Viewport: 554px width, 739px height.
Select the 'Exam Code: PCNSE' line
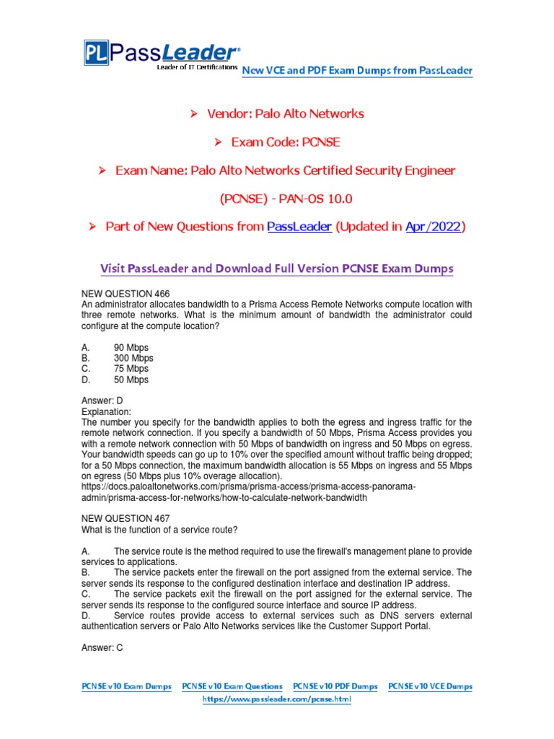pyautogui.click(x=284, y=141)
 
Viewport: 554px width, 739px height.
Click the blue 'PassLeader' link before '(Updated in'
pyautogui.click(x=299, y=227)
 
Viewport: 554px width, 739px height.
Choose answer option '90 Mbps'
pyautogui.click(x=131, y=348)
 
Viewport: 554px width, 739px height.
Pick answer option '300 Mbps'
pyautogui.click(x=133, y=358)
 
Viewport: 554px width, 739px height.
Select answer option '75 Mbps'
pyautogui.click(x=131, y=369)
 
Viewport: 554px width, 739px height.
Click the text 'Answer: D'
pyautogui.click(x=103, y=401)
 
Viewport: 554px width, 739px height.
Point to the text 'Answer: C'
pyautogui.click(x=103, y=647)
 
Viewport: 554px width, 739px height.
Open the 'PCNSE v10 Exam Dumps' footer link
pyautogui.click(x=126, y=686)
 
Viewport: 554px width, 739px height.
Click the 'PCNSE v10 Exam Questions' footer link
pyautogui.click(x=232, y=686)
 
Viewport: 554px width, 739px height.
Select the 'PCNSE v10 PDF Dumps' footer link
pyautogui.click(x=335, y=686)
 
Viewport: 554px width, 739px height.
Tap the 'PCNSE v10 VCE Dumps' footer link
pyautogui.click(x=430, y=686)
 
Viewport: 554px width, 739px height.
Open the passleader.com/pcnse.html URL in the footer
pyautogui.click(x=277, y=699)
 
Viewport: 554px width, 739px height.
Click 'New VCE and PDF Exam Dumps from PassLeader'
pyautogui.click(x=357, y=70)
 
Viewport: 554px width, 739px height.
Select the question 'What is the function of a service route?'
pyautogui.click(x=159, y=529)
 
